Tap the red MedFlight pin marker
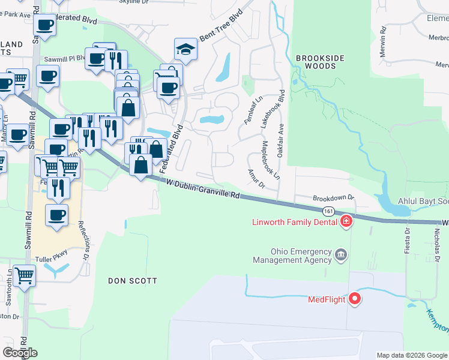click(x=354, y=298)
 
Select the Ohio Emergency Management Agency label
click(x=292, y=256)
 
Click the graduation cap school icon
click(x=186, y=50)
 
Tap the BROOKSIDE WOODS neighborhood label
click(x=321, y=62)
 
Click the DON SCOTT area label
click(x=133, y=281)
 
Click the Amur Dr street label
click(x=256, y=178)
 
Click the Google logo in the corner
click(x=20, y=353)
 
